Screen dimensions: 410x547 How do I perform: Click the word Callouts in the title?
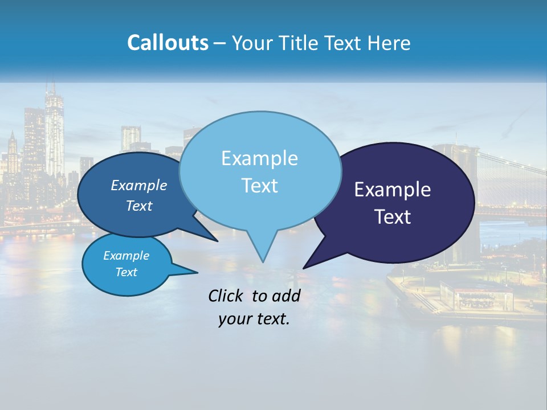168,43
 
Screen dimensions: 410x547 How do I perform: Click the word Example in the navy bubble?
393,190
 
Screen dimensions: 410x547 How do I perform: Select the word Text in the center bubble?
260,186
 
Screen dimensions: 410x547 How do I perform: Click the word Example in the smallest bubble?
126,256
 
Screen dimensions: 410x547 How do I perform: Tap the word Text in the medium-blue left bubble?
139,206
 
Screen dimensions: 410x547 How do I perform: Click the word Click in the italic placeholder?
225,296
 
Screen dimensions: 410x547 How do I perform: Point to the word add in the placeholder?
285,296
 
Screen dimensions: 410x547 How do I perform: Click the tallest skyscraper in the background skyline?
54,131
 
